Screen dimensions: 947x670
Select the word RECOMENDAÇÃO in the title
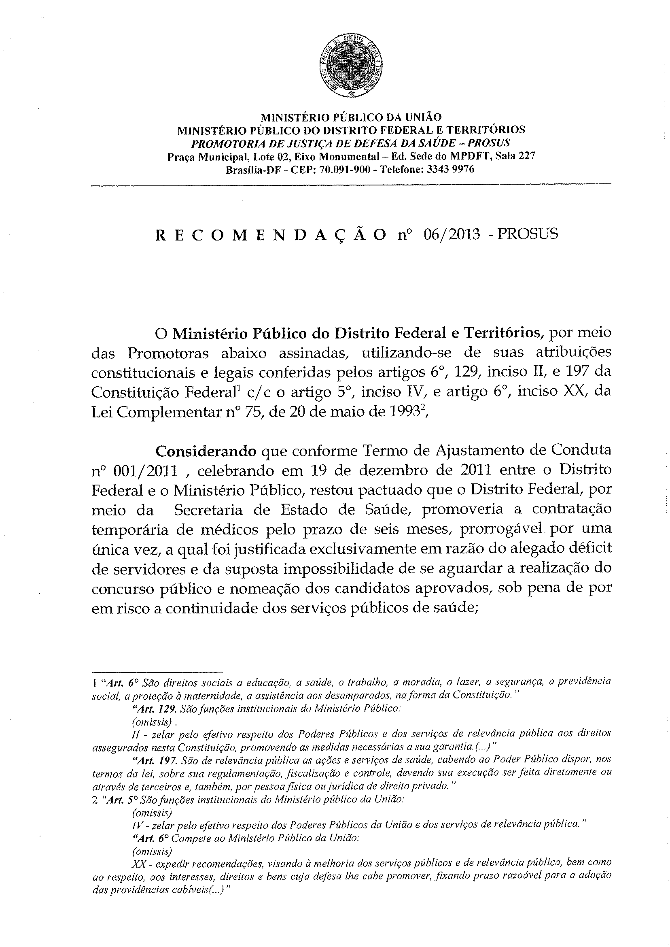271,235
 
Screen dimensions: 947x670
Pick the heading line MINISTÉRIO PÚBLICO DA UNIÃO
351,117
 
